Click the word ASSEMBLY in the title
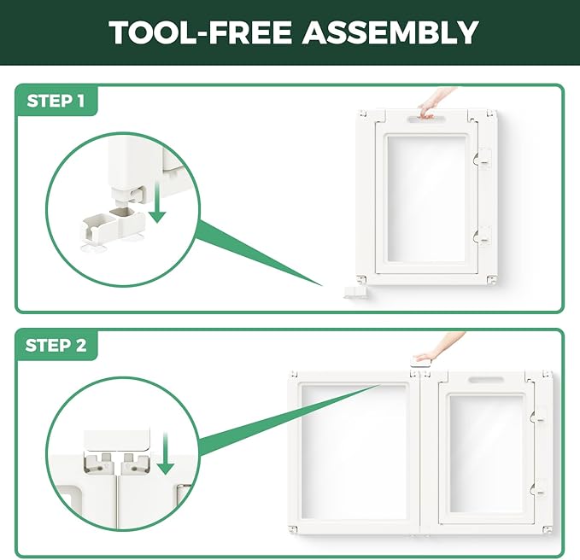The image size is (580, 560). click(390, 32)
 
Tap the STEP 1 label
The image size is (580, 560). click(56, 101)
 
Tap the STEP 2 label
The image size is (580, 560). click(56, 346)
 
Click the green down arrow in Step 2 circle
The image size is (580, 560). click(166, 453)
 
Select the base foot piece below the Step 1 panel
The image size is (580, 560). click(354, 292)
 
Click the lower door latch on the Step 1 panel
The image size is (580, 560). click(482, 236)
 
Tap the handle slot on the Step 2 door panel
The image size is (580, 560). click(486, 380)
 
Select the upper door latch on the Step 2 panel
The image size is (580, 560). click(538, 417)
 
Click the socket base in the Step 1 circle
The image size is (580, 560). click(114, 225)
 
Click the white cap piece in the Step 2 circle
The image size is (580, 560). click(117, 439)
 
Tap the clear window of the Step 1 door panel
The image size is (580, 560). click(426, 199)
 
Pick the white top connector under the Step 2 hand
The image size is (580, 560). click(420, 362)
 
